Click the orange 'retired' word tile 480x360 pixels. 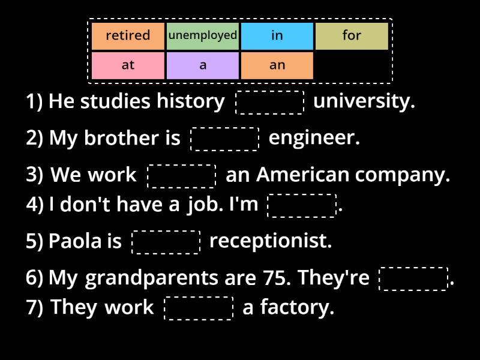(128, 36)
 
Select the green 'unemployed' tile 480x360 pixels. (203, 36)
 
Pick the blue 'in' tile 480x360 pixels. (277, 36)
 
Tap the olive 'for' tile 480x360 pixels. (352, 36)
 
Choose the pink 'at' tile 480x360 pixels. (128, 65)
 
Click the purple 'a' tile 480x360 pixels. (203, 65)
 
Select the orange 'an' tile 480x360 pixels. (277, 65)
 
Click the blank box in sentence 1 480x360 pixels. (270, 102)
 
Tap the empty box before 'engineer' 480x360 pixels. (224, 139)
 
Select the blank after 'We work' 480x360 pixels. (181, 176)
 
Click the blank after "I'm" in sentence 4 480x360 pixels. (302, 205)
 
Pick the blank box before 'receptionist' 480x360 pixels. (166, 242)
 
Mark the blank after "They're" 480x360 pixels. (413, 278)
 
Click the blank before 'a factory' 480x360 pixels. (199, 308)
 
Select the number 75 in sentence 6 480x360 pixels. (277, 278)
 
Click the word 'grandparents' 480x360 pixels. (151, 278)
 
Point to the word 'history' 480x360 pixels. (190, 101)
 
